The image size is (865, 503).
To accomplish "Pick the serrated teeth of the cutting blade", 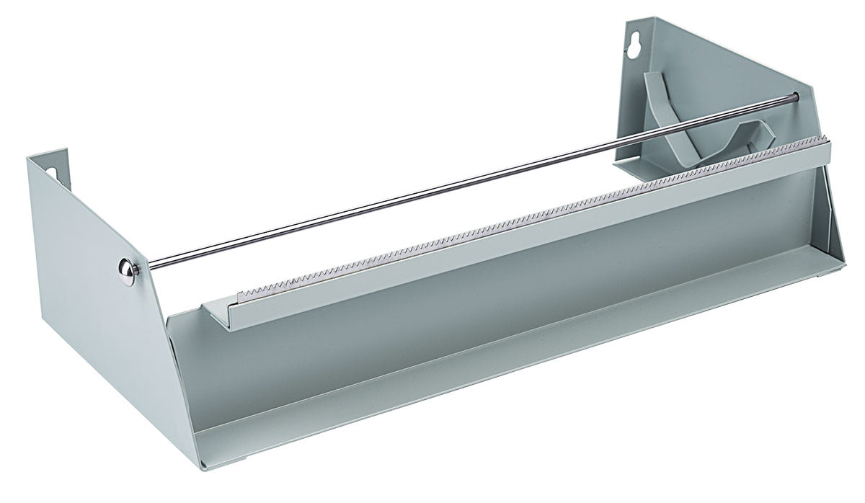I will pyautogui.click(x=505, y=216).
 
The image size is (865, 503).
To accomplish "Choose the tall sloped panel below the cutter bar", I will pyautogui.click(x=505, y=281).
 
